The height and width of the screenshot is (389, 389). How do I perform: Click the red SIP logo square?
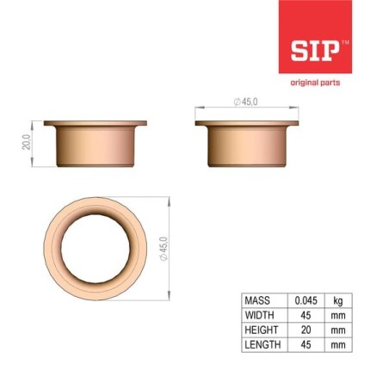(x=315, y=37)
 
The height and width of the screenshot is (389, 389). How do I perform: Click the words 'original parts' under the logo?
(x=315, y=83)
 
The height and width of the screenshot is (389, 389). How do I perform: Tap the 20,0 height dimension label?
(x=27, y=142)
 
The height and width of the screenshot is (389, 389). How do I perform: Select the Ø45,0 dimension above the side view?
(x=245, y=102)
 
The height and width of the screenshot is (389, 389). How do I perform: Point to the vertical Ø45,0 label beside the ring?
(x=164, y=249)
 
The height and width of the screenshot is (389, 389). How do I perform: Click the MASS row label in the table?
(x=257, y=300)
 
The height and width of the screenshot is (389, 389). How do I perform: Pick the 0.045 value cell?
(x=306, y=300)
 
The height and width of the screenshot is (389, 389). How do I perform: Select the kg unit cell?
(x=338, y=301)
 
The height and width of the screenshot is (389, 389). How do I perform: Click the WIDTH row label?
(x=259, y=315)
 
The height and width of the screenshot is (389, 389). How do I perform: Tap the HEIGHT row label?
(x=262, y=330)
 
